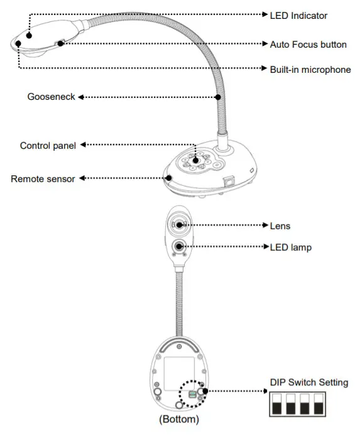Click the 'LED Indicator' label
[298, 15]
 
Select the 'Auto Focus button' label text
[308, 45]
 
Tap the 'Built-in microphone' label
[310, 70]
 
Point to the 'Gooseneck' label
[51, 97]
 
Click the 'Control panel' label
[48, 146]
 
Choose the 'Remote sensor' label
[43, 179]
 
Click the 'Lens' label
[280, 225]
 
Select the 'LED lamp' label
[290, 247]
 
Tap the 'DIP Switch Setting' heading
[308, 382]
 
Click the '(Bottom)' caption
[178, 419]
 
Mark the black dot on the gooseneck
[218, 97]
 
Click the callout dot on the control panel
[196, 161]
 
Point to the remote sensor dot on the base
[169, 178]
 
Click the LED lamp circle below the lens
[180, 247]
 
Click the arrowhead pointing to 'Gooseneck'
[80, 97]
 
